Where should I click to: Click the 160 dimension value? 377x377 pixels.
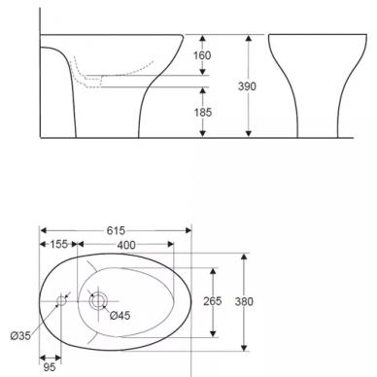tap(202, 55)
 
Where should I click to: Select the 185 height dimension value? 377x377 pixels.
tap(203, 113)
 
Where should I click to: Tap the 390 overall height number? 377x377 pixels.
tap(247, 86)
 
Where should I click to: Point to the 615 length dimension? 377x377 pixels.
tap(116, 230)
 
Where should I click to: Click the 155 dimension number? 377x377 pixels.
tap(59, 244)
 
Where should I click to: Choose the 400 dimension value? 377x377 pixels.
tap(126, 245)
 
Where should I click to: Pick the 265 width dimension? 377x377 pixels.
tap(213, 301)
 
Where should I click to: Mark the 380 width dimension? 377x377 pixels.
tap(244, 302)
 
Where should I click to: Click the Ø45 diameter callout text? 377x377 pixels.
tap(120, 315)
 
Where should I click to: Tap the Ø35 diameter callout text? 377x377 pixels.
tap(20, 336)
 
